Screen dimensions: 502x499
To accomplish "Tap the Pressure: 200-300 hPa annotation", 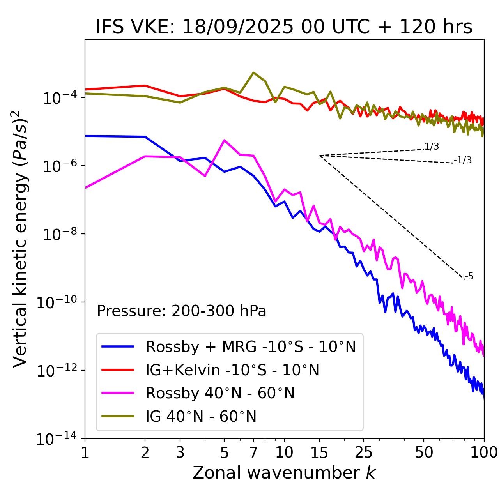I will click(x=181, y=311).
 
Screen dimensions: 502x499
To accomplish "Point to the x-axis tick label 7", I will click(x=253, y=452).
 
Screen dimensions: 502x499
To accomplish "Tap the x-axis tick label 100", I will click(x=483, y=452).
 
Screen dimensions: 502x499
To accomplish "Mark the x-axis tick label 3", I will click(x=180, y=452).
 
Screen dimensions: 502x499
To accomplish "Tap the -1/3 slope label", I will click(x=463, y=160).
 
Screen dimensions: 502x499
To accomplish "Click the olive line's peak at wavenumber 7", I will click(x=253, y=72).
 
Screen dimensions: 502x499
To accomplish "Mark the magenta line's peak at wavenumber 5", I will click(x=224, y=140).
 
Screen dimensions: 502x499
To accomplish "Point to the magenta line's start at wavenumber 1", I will click(x=85, y=188).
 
